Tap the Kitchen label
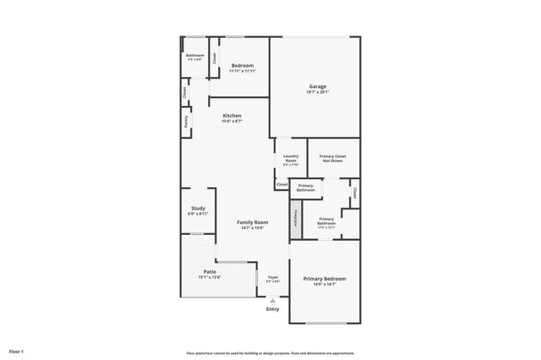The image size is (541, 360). coord(232,115)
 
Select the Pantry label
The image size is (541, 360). coord(186,122)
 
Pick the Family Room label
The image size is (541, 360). coord(252,221)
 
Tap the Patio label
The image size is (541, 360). coord(198,271)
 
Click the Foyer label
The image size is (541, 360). coord(273,277)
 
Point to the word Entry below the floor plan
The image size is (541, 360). coord(272,309)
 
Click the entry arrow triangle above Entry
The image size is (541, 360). coord(272,300)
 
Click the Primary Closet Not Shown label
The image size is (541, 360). coord(333,158)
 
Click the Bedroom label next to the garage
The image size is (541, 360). coord(243,65)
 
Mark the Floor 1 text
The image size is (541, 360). coord(17,351)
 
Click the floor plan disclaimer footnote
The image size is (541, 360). coord(270,353)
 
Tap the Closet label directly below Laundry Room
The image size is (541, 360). coord(282,184)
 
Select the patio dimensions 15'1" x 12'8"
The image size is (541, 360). coord(198,277)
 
